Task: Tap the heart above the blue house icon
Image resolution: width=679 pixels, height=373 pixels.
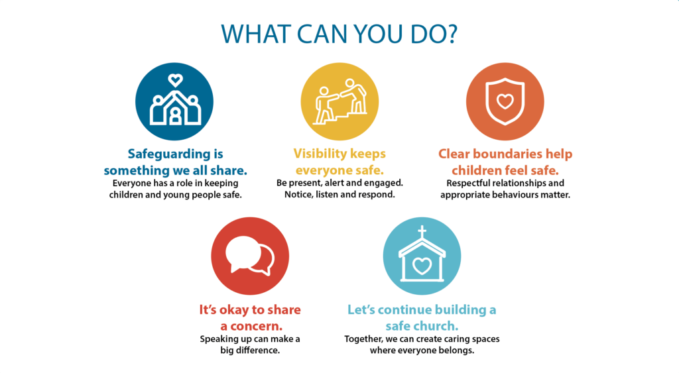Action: tap(175, 80)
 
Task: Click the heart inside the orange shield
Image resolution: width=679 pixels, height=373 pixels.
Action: tap(505, 101)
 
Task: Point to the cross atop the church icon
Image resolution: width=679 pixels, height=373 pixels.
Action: tap(422, 233)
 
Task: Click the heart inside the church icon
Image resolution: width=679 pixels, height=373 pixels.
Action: tap(422, 266)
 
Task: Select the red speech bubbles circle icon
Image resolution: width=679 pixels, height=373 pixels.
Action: tap(250, 256)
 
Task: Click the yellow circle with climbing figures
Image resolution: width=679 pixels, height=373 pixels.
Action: tap(339, 101)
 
